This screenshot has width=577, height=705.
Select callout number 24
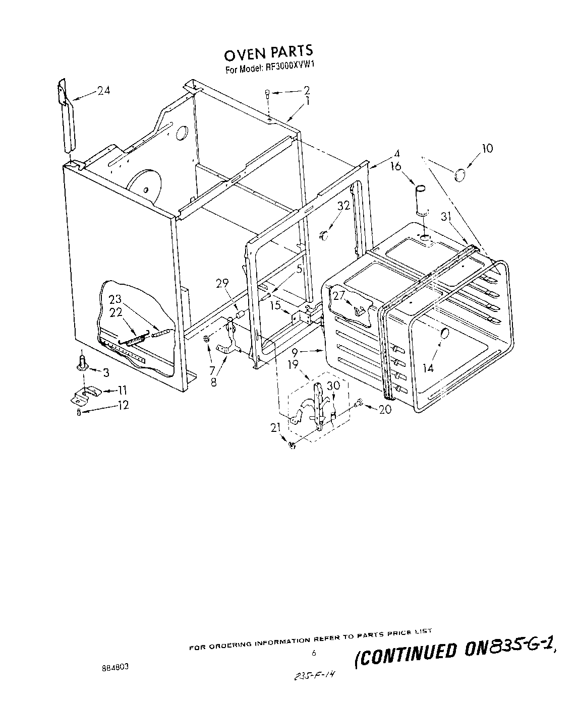tap(103, 91)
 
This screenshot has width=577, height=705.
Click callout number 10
tap(487, 148)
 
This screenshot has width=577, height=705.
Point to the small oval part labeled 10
tap(459, 175)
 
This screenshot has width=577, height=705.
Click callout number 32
tap(343, 206)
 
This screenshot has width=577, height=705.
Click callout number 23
tap(116, 299)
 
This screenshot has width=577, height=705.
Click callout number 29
tap(223, 283)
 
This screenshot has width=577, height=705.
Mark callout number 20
tap(385, 410)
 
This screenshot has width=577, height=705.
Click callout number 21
tap(275, 428)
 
